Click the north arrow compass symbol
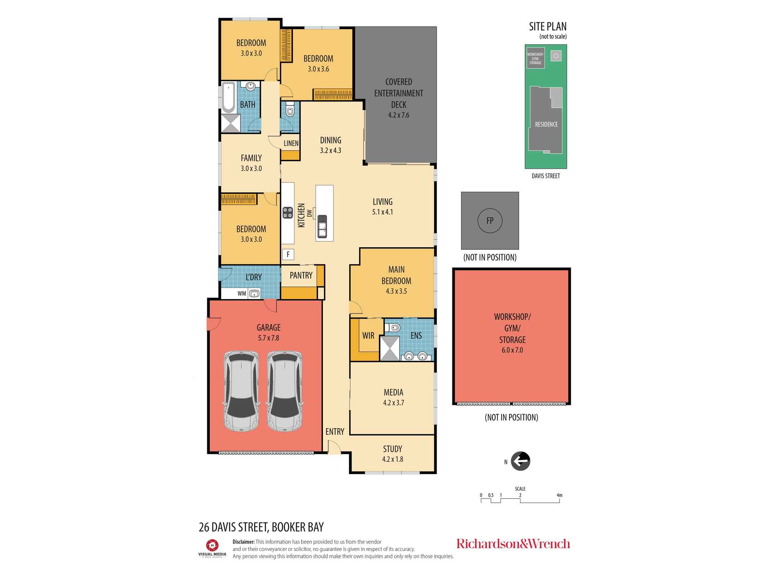[520, 461]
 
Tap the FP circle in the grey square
[490, 221]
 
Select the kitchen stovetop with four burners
[288, 213]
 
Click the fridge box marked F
[288, 254]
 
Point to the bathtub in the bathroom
[229, 97]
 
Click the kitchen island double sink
[322, 226]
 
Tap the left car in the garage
[241, 391]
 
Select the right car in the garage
[285, 391]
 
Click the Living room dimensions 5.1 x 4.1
[383, 212]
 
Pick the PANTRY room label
[301, 276]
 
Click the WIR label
[368, 336]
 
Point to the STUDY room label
[393, 449]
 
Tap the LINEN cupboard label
[291, 143]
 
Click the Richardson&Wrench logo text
[513, 544]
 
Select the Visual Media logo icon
[212, 545]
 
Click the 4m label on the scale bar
[560, 495]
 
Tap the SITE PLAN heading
[548, 26]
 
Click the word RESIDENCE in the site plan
[547, 124]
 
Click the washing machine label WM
[242, 294]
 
